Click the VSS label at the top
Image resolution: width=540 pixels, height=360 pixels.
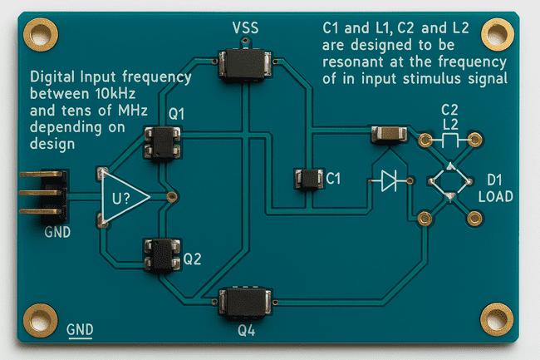[x=245, y=29]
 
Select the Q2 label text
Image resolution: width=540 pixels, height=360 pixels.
[x=192, y=259]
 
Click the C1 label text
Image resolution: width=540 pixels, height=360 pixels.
[x=333, y=177]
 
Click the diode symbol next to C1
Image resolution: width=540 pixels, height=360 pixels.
[x=389, y=180]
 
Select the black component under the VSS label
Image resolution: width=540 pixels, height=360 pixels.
[x=244, y=62]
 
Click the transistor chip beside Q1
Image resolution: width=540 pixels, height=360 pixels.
[x=162, y=141]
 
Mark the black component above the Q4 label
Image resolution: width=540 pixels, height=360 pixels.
[x=245, y=301]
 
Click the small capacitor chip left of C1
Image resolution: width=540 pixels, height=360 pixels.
[x=308, y=178]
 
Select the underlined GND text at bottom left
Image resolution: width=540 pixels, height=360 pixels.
[x=79, y=329]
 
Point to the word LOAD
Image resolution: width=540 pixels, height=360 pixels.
[x=496, y=197]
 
